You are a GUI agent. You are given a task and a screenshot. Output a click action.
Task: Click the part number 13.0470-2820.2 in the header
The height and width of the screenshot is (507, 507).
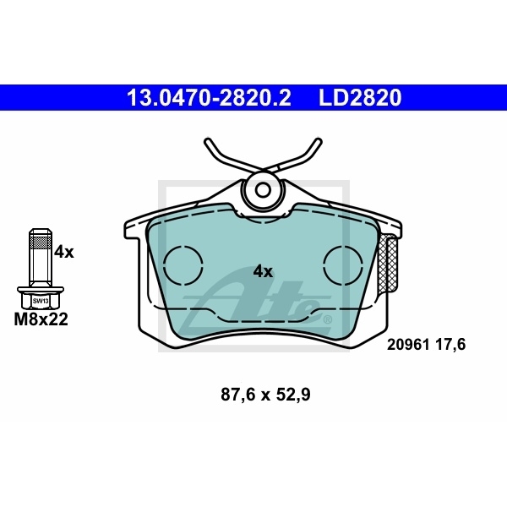click(208, 98)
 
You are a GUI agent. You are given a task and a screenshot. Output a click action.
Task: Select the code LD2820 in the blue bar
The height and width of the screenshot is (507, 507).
click(359, 98)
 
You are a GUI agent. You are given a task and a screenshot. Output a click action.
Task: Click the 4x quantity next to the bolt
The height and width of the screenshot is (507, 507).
click(64, 252)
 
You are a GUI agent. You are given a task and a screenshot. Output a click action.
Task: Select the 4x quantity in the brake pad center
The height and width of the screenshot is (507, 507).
click(263, 271)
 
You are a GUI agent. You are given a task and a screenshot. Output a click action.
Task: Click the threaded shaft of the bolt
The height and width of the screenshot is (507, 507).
click(39, 258)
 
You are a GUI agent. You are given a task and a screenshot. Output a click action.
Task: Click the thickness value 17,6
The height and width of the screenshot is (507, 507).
click(450, 344)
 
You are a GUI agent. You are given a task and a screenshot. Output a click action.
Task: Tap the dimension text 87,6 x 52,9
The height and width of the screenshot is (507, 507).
click(265, 394)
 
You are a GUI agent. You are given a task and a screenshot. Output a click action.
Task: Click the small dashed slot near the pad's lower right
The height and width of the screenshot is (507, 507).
click(325, 319)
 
